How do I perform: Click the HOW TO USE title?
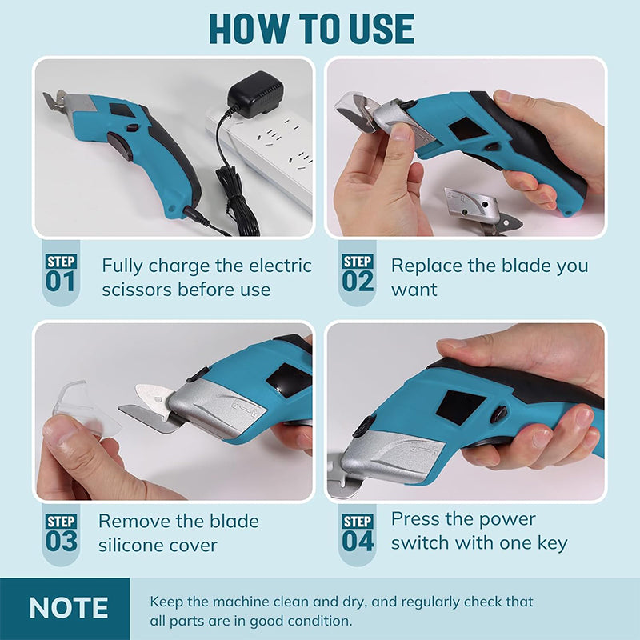click(311, 30)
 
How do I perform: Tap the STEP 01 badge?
click(61, 274)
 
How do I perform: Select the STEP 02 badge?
click(358, 274)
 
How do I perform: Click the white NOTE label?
click(68, 608)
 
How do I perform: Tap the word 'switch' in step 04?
click(421, 543)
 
